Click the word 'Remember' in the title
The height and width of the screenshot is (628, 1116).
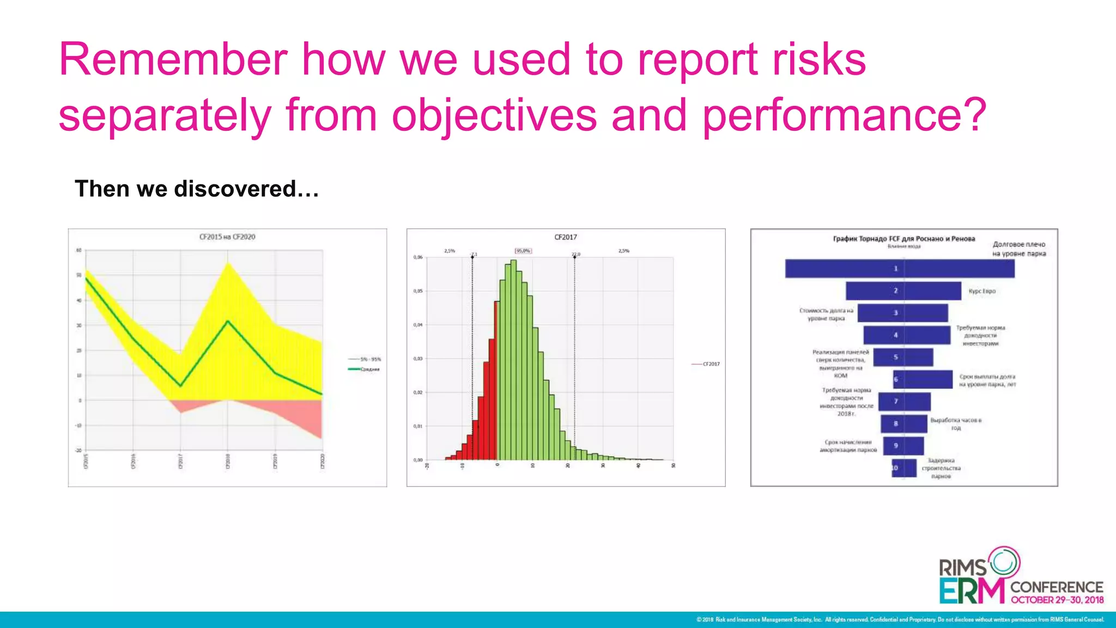click(x=173, y=60)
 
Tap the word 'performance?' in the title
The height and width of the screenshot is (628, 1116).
click(x=844, y=116)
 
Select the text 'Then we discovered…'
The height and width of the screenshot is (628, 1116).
click(x=197, y=189)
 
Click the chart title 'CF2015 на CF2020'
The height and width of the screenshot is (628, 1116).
click(x=227, y=237)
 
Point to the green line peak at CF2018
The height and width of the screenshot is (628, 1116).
click(x=228, y=321)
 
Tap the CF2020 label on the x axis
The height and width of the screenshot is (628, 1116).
click(x=322, y=461)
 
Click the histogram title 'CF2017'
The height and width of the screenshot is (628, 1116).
click(x=565, y=237)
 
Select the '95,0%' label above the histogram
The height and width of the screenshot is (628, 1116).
click(x=523, y=251)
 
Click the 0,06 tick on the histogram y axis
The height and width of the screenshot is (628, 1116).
click(x=418, y=257)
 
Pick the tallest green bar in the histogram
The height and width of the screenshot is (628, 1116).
click(x=513, y=360)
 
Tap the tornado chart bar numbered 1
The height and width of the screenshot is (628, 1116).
click(x=899, y=269)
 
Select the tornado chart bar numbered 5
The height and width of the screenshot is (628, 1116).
click(x=903, y=357)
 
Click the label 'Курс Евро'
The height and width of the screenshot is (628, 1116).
click(x=982, y=291)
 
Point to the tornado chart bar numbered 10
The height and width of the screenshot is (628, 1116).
click(x=904, y=468)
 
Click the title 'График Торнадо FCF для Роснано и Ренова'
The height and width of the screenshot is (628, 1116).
click(x=903, y=239)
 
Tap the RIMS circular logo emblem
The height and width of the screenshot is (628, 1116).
click(x=1004, y=562)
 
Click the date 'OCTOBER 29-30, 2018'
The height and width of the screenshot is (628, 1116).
click(x=1057, y=600)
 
